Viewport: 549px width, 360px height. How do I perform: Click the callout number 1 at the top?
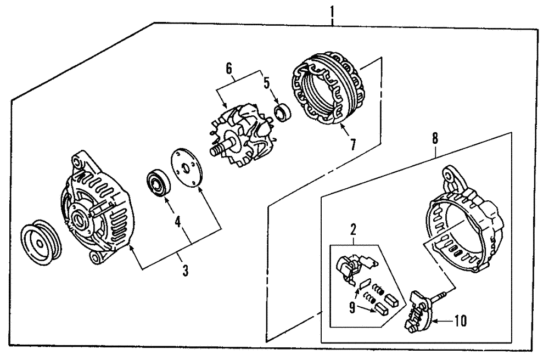coord(332,10)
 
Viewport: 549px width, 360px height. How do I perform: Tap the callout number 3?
coord(185,271)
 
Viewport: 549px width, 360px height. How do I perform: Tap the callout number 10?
coord(460,320)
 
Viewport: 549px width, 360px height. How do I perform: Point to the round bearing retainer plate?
coord(184,168)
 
